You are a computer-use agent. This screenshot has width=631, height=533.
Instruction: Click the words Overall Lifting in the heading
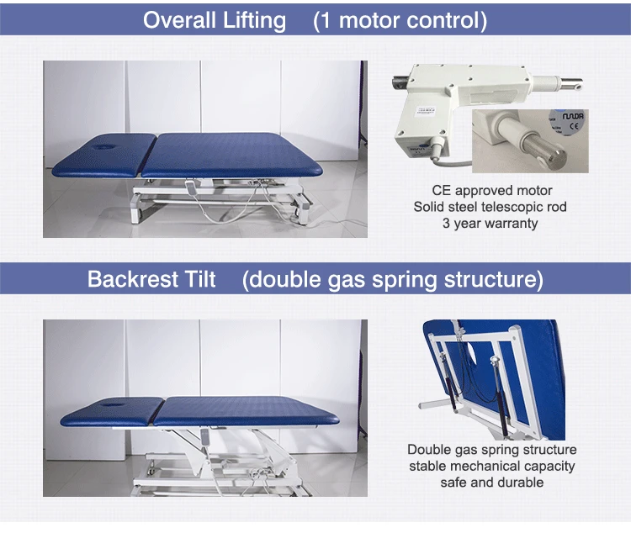pyautogui.click(x=214, y=20)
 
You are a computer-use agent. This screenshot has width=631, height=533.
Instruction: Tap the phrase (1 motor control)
pyautogui.click(x=400, y=20)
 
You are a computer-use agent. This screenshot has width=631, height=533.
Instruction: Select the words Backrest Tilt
pyautogui.click(x=151, y=279)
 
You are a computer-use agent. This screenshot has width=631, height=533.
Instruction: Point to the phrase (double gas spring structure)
pyautogui.click(x=393, y=279)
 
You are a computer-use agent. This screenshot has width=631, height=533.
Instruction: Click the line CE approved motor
pyautogui.click(x=491, y=191)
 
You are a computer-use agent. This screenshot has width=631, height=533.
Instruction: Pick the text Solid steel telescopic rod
pyautogui.click(x=491, y=207)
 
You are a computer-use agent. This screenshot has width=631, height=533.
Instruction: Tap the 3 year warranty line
pyautogui.click(x=491, y=224)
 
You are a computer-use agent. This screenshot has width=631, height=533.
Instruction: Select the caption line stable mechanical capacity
pyautogui.click(x=491, y=466)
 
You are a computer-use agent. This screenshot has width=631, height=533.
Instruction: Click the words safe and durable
pyautogui.click(x=491, y=482)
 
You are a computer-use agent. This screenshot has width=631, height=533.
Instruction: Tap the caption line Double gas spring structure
pyautogui.click(x=491, y=449)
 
